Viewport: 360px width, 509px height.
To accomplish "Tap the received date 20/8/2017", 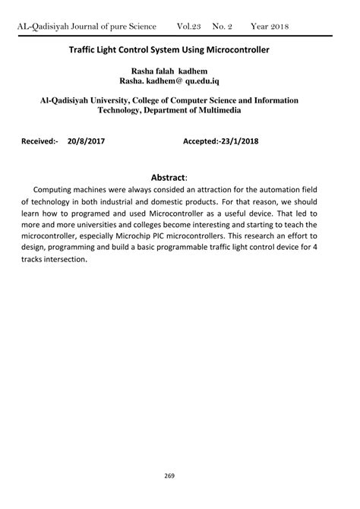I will (86, 141).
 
